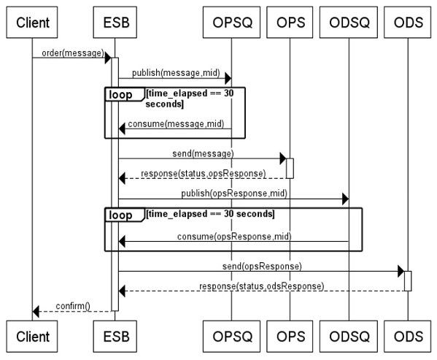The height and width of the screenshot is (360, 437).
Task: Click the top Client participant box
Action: click(x=32, y=23)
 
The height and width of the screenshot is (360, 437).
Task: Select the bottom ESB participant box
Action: click(x=115, y=337)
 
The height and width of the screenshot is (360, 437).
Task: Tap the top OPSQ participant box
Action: click(x=231, y=23)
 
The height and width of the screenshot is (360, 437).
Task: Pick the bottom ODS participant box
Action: click(x=408, y=337)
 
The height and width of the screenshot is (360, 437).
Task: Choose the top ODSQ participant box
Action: click(x=349, y=23)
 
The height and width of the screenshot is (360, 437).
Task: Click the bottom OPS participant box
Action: click(x=290, y=337)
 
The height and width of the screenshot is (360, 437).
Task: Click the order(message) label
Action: click(x=73, y=53)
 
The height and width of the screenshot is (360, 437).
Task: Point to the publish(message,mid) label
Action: click(x=176, y=73)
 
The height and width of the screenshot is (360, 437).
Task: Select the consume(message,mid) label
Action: click(x=176, y=124)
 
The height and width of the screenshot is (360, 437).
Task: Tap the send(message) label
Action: click(x=203, y=153)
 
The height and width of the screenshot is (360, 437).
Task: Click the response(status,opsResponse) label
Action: click(x=204, y=174)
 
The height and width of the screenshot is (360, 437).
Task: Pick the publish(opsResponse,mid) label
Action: click(x=234, y=194)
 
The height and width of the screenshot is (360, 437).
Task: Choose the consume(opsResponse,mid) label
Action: click(x=234, y=237)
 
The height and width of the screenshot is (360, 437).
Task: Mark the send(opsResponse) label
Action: click(x=262, y=267)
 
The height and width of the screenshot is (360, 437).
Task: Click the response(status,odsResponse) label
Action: click(x=262, y=286)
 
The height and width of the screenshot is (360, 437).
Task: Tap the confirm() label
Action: click(x=73, y=306)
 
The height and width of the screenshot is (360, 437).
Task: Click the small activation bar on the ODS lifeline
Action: click(x=408, y=281)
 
